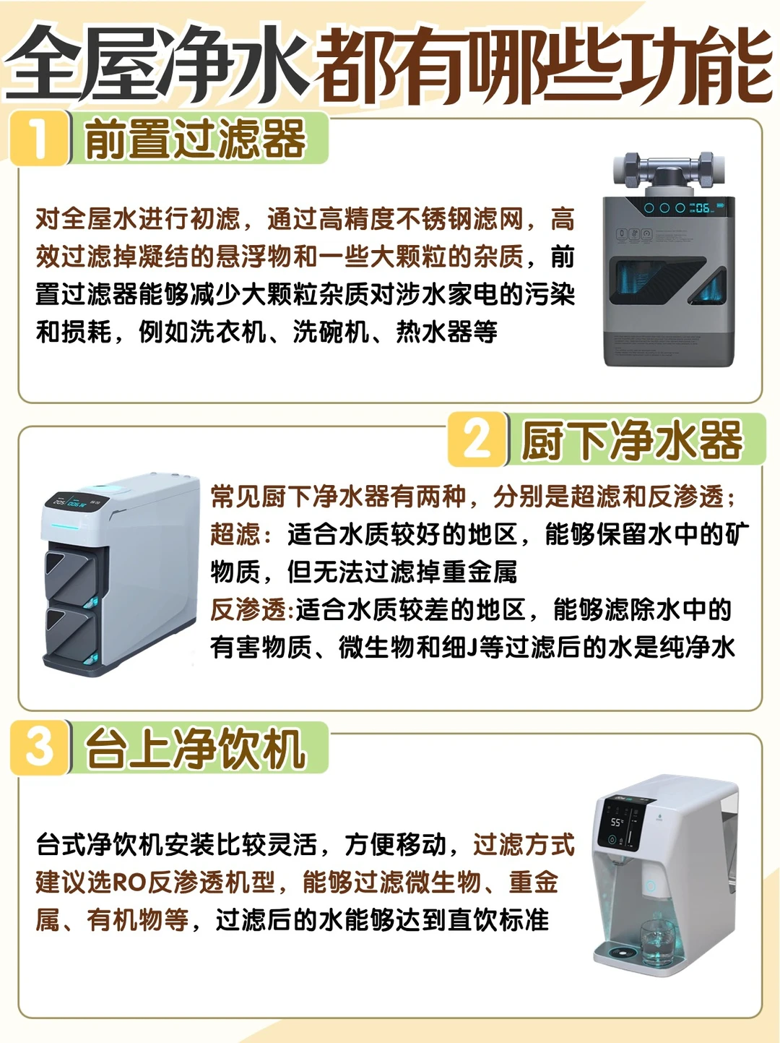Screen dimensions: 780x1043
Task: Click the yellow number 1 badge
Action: [39, 138]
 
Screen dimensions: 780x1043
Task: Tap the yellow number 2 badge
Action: [477, 439]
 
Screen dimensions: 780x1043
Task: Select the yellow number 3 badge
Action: [39, 747]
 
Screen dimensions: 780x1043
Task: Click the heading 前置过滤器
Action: [196, 138]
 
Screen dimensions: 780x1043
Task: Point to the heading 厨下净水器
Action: [633, 440]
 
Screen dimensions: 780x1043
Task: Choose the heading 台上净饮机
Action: [196, 748]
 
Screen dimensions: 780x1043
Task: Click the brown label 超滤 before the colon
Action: [235, 533]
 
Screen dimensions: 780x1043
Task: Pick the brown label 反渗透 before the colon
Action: [248, 610]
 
